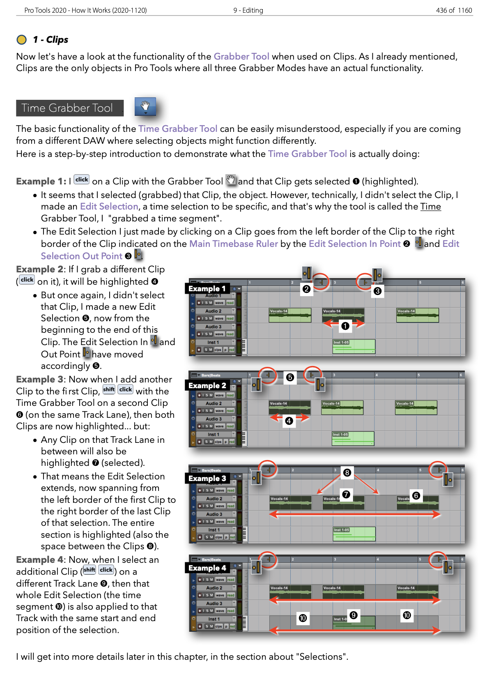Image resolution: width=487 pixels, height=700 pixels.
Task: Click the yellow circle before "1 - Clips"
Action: click(x=21, y=39)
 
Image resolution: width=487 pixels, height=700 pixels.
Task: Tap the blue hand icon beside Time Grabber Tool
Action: click(x=145, y=107)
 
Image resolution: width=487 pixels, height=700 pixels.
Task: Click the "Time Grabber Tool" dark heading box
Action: click(x=69, y=108)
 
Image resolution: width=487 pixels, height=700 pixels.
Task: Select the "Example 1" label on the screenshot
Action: click(x=207, y=288)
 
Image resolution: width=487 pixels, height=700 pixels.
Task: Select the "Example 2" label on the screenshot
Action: click(x=207, y=385)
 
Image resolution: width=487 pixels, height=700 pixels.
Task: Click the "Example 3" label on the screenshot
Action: click(x=207, y=478)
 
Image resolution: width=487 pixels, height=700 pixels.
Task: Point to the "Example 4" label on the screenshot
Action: click(x=207, y=568)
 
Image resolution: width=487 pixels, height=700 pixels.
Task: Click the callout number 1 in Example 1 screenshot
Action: click(x=345, y=326)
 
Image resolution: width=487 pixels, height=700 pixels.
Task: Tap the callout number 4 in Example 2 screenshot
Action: click(x=289, y=421)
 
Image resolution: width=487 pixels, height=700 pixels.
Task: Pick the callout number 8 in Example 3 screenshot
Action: click(x=347, y=472)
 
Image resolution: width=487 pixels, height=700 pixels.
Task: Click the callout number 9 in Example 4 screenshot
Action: click(x=354, y=615)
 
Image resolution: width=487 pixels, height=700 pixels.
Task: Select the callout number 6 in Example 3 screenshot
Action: click(x=416, y=495)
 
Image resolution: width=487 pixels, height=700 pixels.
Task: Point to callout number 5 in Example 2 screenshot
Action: click(x=290, y=377)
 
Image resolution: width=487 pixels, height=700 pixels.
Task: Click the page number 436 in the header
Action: click(x=441, y=10)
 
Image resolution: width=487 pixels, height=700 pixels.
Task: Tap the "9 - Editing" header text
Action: click(x=248, y=10)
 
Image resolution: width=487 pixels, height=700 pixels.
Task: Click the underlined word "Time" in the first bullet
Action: click(x=430, y=207)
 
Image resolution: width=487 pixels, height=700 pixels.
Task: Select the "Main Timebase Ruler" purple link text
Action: click(x=233, y=244)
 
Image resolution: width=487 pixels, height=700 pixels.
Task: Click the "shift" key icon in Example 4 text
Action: click(x=89, y=570)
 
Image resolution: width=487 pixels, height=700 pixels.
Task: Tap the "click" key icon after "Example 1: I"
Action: click(x=82, y=180)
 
